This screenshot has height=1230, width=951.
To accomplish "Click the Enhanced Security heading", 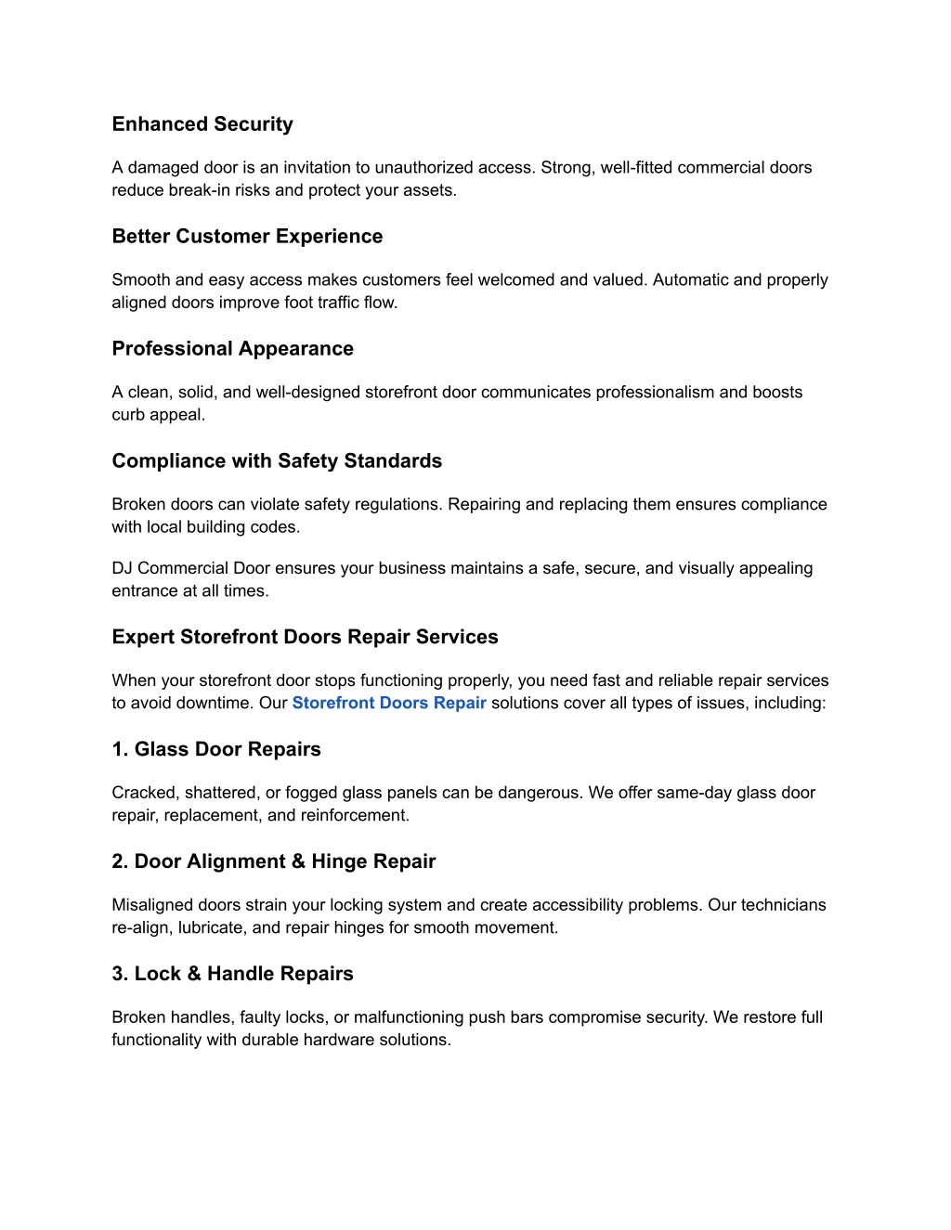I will point(202,124).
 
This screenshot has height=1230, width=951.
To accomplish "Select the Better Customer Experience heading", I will point(247,237).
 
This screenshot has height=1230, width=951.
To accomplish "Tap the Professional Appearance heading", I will point(232,349).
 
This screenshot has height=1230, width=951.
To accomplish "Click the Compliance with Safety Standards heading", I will point(277,461).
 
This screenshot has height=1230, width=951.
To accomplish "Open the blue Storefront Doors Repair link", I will point(389,703).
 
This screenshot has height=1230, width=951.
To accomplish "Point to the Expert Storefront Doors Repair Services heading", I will point(305,637).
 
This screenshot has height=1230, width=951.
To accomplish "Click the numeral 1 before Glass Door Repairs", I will point(119,749).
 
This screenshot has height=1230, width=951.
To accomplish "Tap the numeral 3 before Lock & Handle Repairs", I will point(119,974).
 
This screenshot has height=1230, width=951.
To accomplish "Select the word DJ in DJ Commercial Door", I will point(122,568).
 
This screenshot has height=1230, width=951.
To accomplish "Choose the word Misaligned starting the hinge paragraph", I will point(151,905).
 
